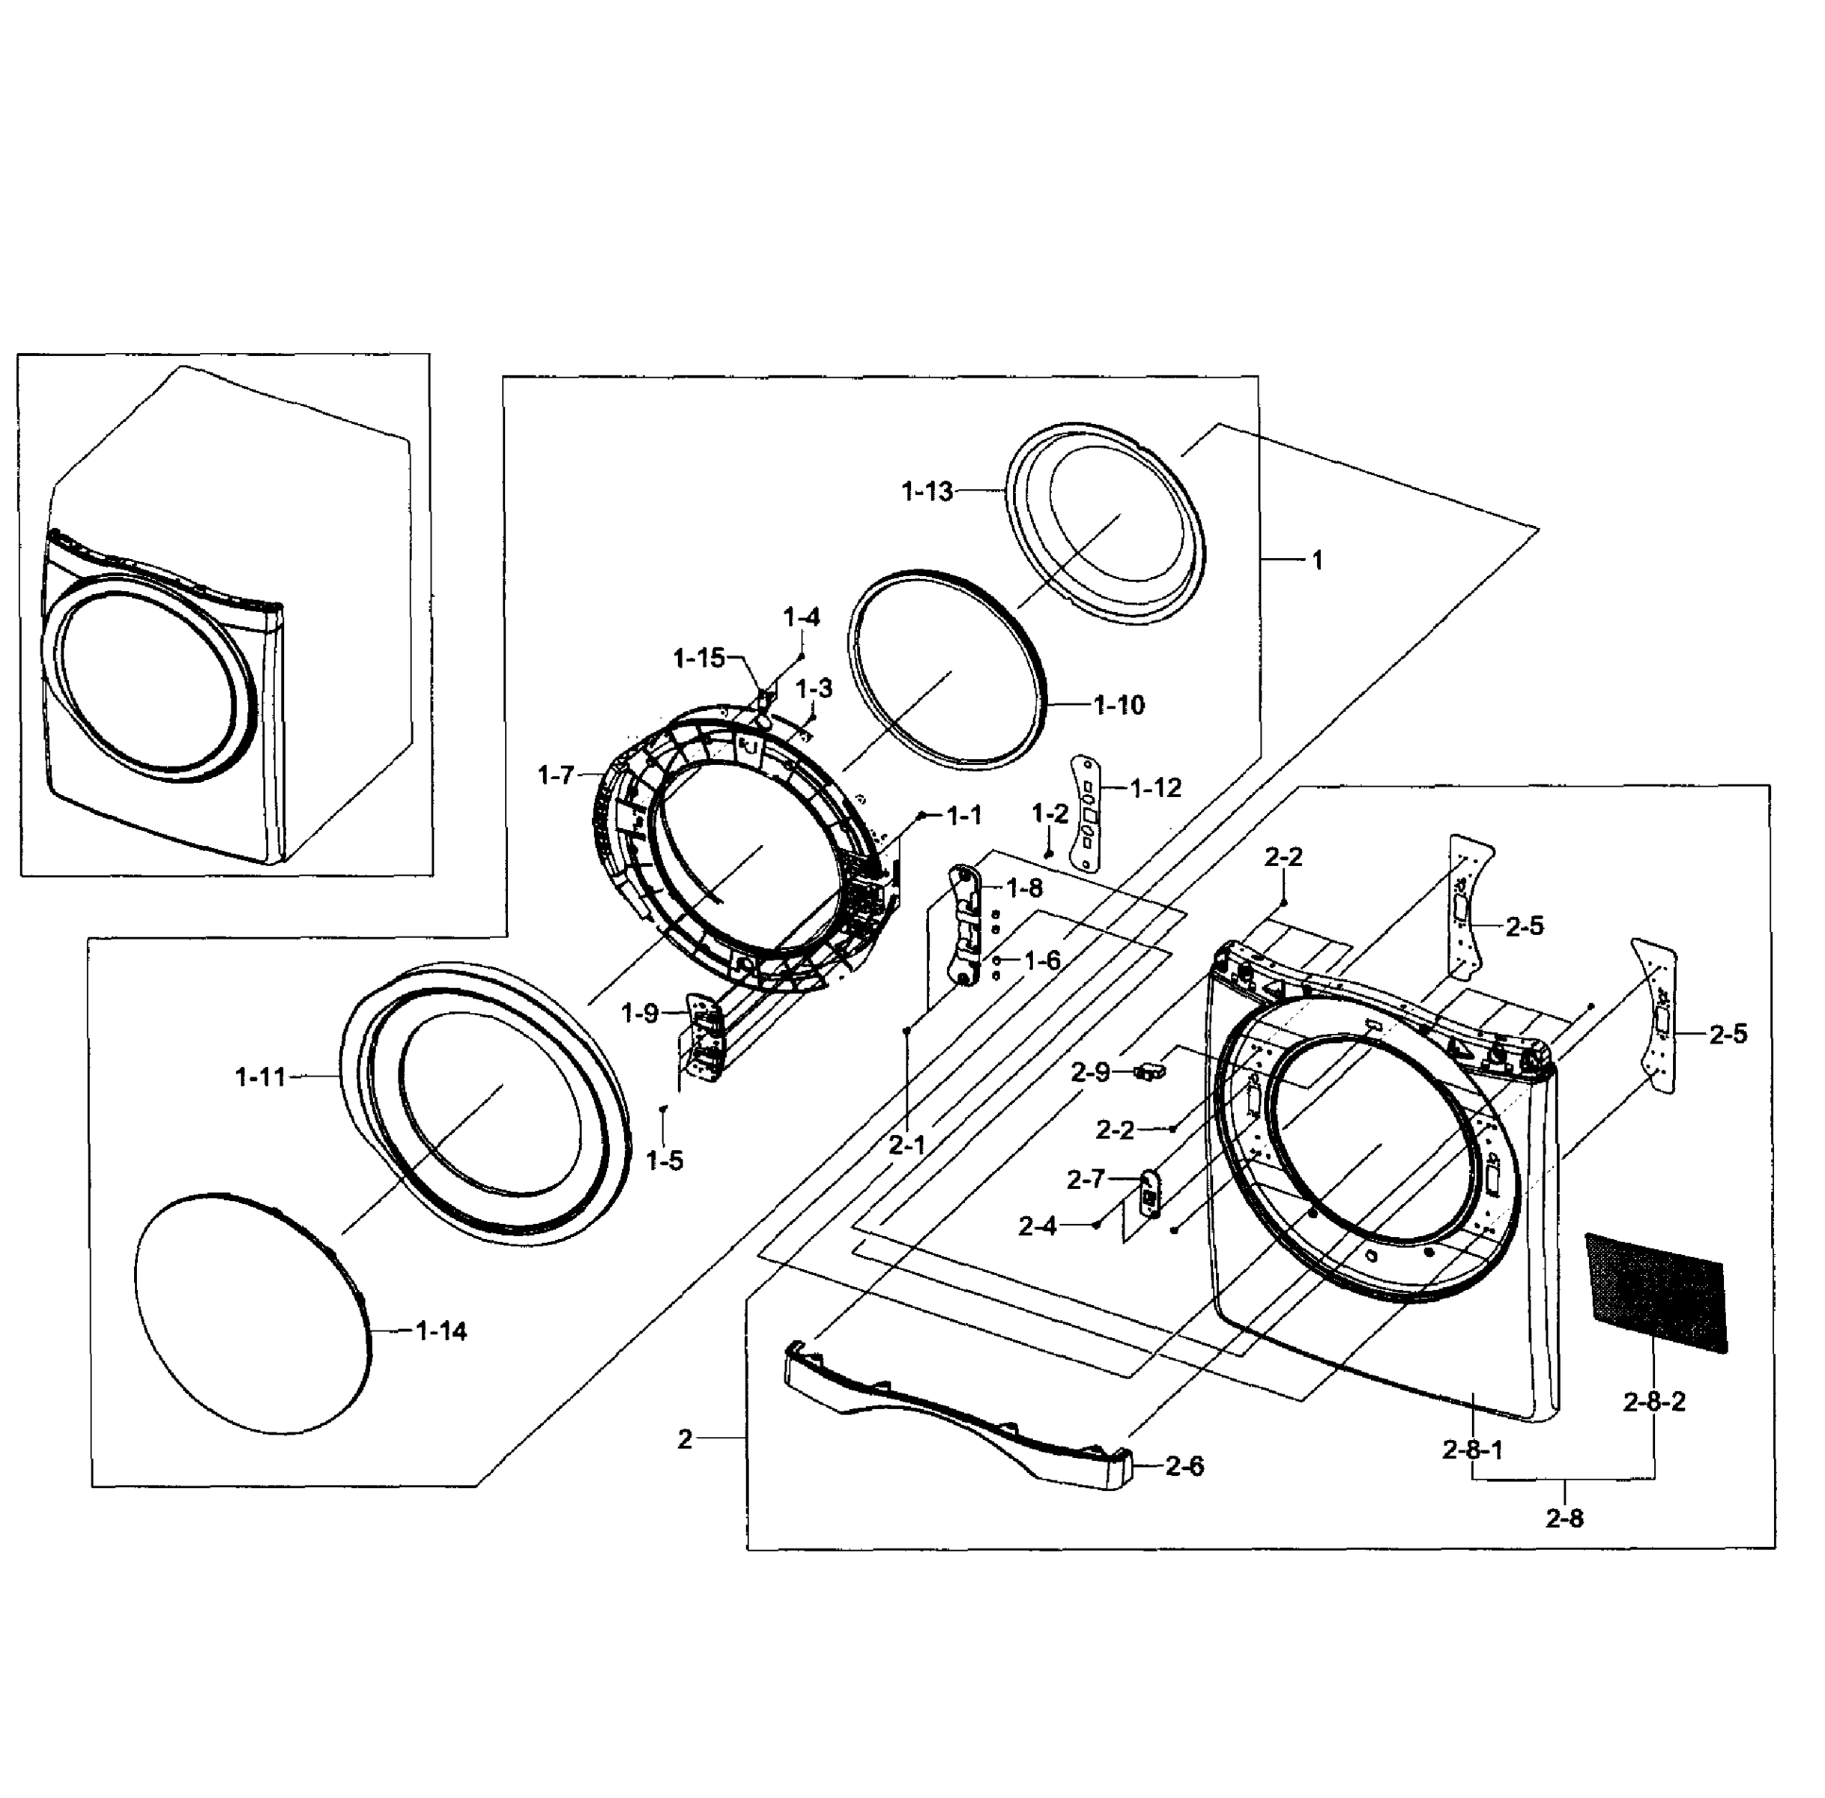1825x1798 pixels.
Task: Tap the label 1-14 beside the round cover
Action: (x=441, y=1331)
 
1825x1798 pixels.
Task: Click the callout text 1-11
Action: (x=260, y=1077)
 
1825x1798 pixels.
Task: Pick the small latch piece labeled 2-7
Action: (x=1149, y=1196)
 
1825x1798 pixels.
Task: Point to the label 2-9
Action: (x=1091, y=1072)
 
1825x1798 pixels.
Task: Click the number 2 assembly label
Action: (x=685, y=1439)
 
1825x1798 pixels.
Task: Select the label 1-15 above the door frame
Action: (x=699, y=659)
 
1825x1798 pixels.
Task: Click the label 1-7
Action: (x=555, y=775)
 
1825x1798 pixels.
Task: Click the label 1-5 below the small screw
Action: (x=665, y=1160)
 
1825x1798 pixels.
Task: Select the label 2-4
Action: (x=1038, y=1226)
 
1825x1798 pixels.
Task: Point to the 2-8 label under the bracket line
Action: (x=1564, y=1519)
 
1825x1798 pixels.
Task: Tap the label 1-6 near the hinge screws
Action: (x=1042, y=960)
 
